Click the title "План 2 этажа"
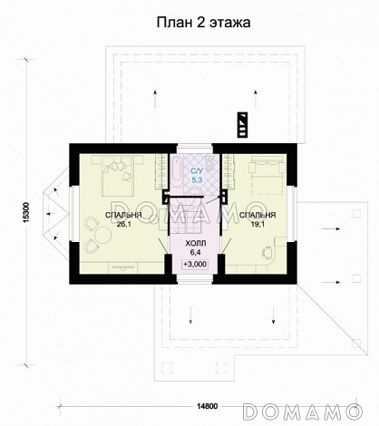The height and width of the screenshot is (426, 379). (203, 23)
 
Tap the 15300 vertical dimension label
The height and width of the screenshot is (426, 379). (26, 212)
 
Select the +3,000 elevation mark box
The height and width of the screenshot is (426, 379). (195, 264)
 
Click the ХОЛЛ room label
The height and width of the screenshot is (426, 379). (195, 243)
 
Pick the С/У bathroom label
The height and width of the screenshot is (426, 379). (198, 171)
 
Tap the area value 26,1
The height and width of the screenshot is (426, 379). (123, 224)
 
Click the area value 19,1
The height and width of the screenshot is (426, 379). (258, 224)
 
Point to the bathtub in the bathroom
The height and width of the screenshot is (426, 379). (176, 171)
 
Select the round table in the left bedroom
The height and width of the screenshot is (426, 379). (103, 235)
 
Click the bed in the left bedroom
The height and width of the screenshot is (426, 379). (117, 176)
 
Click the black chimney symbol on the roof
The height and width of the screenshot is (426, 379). (242, 125)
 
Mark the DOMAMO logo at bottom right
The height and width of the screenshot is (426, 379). (303, 411)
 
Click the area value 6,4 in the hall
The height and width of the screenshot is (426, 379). (195, 251)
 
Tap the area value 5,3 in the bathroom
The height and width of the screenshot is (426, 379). (198, 180)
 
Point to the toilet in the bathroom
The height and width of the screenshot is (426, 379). (209, 162)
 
